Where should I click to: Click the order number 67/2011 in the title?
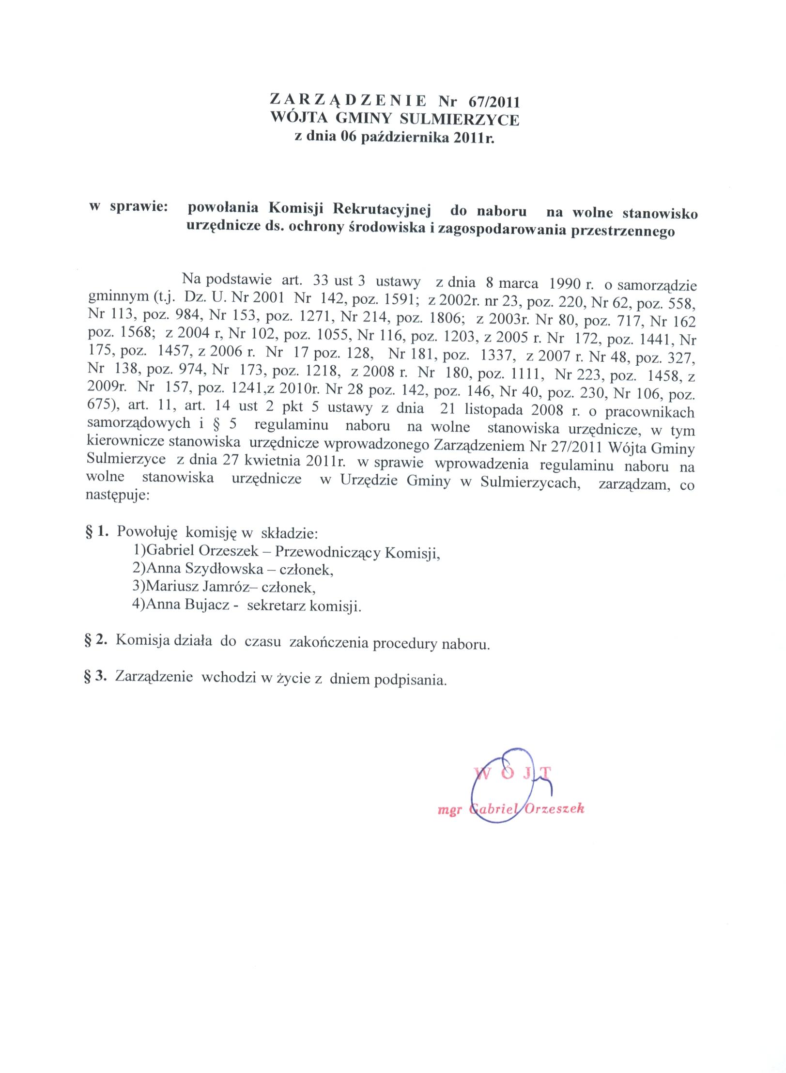[494, 102]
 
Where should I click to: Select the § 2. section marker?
[96, 641]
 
